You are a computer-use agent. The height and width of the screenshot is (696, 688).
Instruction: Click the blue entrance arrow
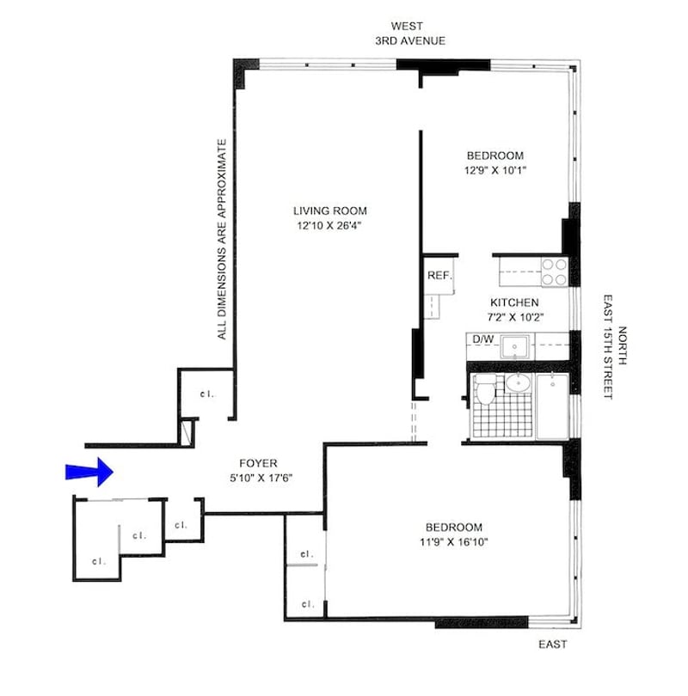(89, 472)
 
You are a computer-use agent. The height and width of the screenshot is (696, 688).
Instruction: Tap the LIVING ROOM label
(330, 211)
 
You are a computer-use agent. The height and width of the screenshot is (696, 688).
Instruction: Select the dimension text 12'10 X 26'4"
(329, 225)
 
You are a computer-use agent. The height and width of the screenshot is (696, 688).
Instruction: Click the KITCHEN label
(514, 302)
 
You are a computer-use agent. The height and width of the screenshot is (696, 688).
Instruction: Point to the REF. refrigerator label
(439, 275)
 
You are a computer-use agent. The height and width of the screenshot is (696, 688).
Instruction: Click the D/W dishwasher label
(482, 339)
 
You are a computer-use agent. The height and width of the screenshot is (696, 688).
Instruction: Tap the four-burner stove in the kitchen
(555, 272)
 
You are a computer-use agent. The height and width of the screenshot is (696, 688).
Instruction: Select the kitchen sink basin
(515, 346)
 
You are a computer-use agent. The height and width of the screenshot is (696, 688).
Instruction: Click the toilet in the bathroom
(486, 389)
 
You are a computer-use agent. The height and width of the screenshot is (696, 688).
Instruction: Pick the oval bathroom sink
(518, 383)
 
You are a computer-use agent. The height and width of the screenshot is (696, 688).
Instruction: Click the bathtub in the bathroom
(552, 407)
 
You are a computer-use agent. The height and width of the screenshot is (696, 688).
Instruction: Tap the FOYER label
(258, 463)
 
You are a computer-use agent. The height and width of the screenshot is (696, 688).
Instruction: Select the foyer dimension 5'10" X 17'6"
(261, 478)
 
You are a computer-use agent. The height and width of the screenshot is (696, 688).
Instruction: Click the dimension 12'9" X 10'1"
(495, 170)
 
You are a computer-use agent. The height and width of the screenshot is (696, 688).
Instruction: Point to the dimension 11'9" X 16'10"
(454, 542)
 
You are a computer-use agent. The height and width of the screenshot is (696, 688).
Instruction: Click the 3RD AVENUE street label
(410, 41)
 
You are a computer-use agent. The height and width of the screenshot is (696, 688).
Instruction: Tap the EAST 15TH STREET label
(608, 346)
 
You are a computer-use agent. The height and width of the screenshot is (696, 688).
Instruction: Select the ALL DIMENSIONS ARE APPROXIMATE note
(222, 240)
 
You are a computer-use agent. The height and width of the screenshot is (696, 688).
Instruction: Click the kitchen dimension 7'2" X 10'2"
(515, 317)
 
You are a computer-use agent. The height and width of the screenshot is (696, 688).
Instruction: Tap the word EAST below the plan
(552, 644)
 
